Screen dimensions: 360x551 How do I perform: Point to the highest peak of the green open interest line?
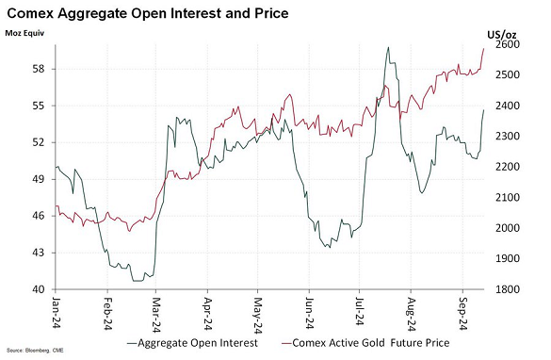tap(387, 47)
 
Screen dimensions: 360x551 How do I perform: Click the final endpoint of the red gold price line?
tap(484, 48)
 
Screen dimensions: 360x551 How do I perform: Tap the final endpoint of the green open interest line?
tap(484, 110)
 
